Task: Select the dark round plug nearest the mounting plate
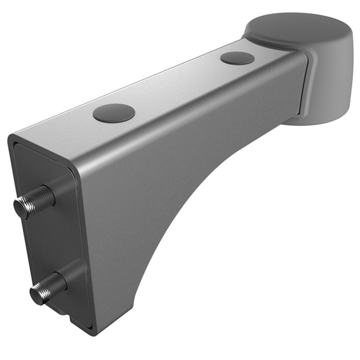(114, 113)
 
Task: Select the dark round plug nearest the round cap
(237, 58)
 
